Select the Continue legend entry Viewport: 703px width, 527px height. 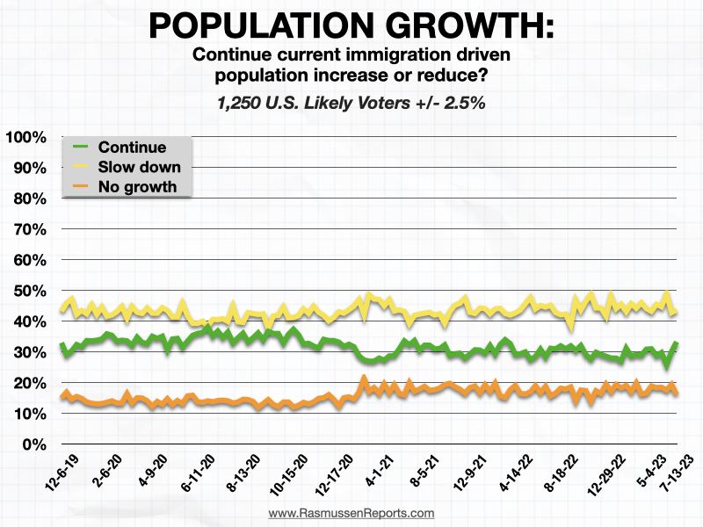[x=133, y=147]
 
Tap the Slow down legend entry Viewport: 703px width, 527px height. [x=140, y=167]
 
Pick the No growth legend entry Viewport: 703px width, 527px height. [x=138, y=186]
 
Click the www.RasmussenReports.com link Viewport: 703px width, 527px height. [x=351, y=513]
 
